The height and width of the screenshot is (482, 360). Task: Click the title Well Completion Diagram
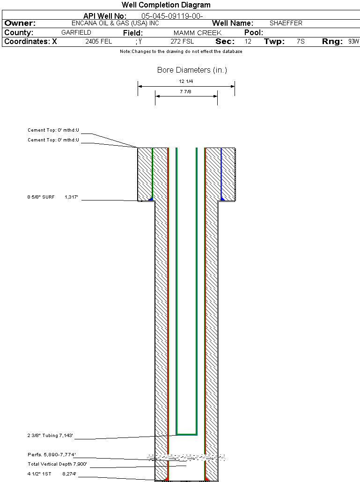(x=166, y=5)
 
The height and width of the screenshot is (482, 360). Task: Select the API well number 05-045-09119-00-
(x=172, y=16)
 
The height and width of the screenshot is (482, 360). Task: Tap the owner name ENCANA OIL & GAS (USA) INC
(x=115, y=23)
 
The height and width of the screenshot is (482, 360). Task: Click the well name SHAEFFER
(x=286, y=23)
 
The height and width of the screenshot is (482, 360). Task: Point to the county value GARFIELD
(x=76, y=32)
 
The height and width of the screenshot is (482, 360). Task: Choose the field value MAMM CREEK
(x=198, y=33)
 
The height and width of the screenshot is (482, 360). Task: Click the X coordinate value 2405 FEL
(x=99, y=42)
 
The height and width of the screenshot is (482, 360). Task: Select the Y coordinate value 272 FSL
(x=182, y=42)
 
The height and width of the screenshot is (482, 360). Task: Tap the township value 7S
(x=301, y=42)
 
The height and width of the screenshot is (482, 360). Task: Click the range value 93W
(x=354, y=42)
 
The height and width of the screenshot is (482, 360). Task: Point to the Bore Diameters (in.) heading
(x=192, y=70)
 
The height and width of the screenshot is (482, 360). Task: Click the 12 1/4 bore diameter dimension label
(x=186, y=81)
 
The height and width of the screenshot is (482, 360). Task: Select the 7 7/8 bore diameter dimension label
(x=185, y=92)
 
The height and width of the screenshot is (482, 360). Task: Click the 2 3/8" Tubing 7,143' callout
(x=50, y=436)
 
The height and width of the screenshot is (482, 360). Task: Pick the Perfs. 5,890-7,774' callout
(x=51, y=455)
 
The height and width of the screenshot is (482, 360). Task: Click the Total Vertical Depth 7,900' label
(x=58, y=464)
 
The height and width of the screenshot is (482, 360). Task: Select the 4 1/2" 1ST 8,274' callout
(x=52, y=474)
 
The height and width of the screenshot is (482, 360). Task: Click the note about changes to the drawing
(x=181, y=52)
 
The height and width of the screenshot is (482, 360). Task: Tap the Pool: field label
(x=254, y=33)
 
